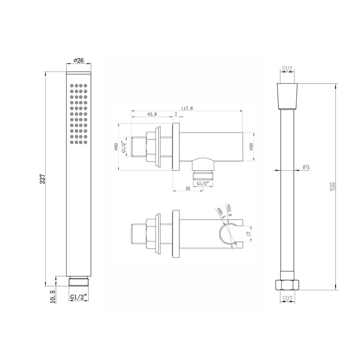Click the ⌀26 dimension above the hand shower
pos(78,60)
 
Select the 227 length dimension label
pos(43,179)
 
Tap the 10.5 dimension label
pos(53,297)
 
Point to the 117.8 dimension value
pos(187,108)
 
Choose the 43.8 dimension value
pos(152,114)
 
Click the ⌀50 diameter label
pos(116,147)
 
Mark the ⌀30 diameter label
pos(251,147)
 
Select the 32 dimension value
pos(188,188)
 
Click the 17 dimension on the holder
pos(248,233)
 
